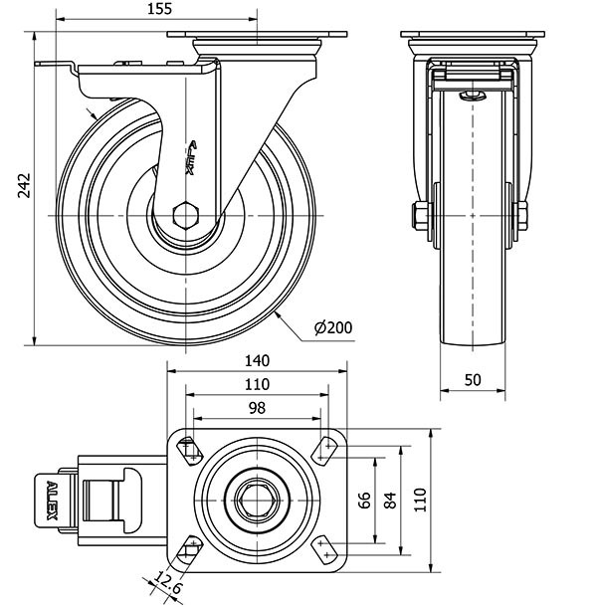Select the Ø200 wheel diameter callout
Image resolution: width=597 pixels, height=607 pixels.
[332, 326]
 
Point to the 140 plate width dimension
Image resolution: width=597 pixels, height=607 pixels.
[257, 361]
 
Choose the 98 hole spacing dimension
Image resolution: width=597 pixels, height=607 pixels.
[257, 408]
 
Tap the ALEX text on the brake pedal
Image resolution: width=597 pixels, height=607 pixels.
[51, 501]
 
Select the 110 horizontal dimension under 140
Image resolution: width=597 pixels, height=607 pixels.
[257, 384]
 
